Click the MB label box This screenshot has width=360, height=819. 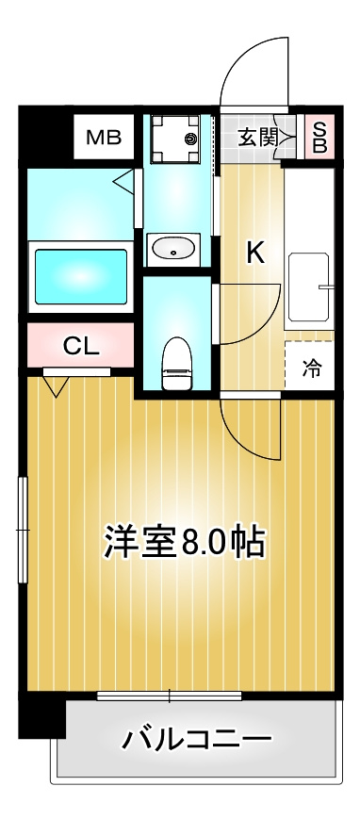tap(104, 139)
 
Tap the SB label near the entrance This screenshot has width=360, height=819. tap(319, 139)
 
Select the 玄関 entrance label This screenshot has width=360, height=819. tap(256, 138)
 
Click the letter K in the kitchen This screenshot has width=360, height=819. tap(254, 252)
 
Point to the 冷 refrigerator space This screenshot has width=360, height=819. tap(310, 369)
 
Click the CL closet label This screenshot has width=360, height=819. tap(81, 346)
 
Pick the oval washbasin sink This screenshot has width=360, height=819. tap(172, 250)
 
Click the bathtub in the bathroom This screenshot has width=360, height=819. tap(80, 277)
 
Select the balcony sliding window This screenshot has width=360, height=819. tap(170, 696)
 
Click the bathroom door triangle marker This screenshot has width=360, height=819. tap(123, 179)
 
